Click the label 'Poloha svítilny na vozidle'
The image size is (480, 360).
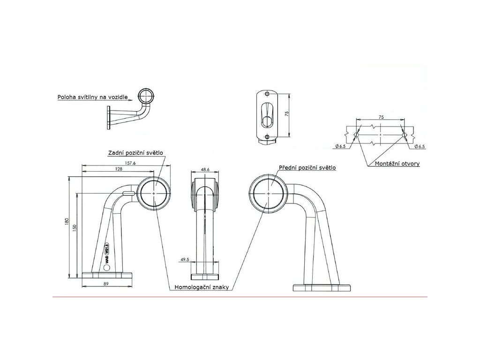(x=92, y=97)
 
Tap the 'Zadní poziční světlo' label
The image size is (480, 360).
(x=135, y=153)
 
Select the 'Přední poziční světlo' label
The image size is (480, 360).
(x=307, y=167)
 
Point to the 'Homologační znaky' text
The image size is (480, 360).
(x=202, y=287)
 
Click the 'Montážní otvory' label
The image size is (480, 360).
(x=397, y=164)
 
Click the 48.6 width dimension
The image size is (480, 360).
(x=205, y=169)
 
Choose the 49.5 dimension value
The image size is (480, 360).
(x=185, y=259)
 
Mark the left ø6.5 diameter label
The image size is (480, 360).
(x=341, y=147)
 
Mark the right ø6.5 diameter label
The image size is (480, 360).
(x=420, y=147)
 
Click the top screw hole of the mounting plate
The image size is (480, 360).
(x=267, y=94)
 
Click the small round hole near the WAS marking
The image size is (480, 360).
(x=106, y=267)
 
